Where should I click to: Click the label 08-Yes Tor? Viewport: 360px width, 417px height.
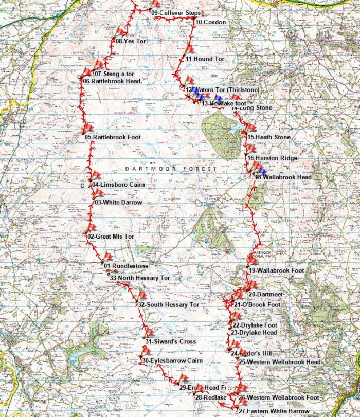pos(131,41)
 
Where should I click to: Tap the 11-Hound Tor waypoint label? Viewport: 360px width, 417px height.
pos(205,60)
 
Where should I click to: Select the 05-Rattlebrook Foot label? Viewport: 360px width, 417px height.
pos(113,137)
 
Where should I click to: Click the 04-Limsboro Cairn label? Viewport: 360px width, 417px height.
pos(118,184)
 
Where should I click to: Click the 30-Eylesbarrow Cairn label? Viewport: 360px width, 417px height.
pos(172,361)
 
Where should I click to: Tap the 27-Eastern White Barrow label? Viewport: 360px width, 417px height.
pos(274,411)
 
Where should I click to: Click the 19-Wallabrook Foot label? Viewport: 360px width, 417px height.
pos(276,270)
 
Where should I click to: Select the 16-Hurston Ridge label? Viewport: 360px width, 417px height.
pos(272,158)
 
